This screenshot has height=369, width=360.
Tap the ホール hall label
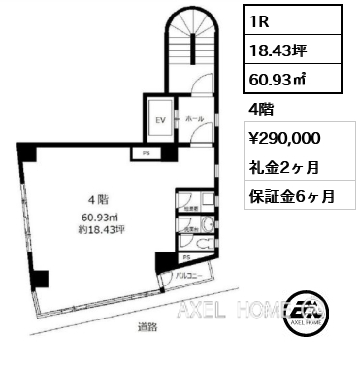pos(196,118)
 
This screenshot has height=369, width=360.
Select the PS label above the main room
pos(147,152)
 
